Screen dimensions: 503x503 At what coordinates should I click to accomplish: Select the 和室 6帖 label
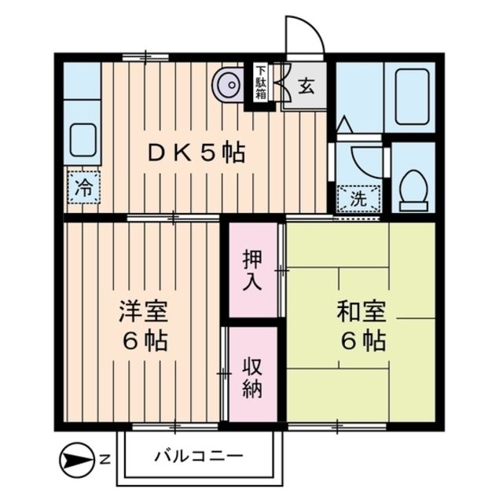(361, 326)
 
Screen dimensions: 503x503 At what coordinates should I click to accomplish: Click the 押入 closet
(252, 270)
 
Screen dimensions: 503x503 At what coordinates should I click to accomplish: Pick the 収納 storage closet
(251, 376)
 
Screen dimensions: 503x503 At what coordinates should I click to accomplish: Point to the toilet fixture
(413, 189)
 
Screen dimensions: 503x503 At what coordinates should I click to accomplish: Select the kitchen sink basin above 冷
(82, 140)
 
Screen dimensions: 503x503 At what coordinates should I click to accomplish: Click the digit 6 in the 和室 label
(346, 341)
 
